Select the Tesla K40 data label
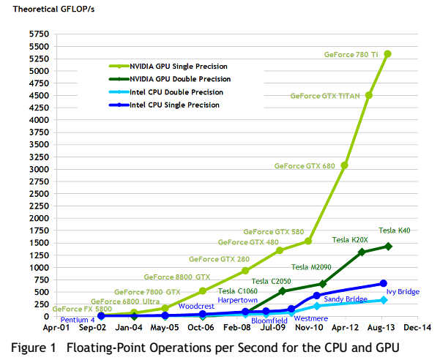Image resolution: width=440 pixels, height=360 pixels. point(393,230)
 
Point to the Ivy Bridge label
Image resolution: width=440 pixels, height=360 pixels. point(403,292)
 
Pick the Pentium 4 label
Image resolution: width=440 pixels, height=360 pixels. point(78,320)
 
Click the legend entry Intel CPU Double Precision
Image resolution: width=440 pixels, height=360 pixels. point(176,92)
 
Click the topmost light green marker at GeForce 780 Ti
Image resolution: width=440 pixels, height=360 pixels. point(387,54)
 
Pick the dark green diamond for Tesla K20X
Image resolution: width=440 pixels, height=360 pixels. point(362,252)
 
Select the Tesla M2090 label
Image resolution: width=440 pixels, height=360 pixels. point(313,267)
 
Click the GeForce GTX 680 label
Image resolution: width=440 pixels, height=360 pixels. point(305,166)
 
